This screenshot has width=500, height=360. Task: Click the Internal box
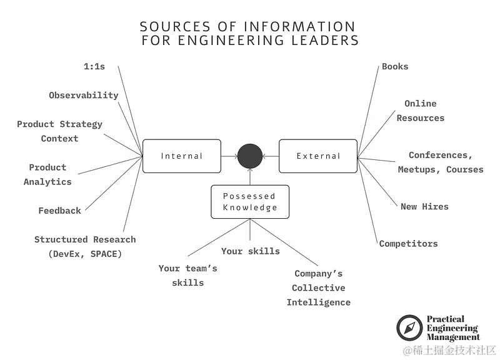pos(181,156)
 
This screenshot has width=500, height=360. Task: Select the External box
pos(318,156)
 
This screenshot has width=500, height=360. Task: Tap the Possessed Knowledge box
pos(250,202)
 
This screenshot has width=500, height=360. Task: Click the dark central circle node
pos(250,156)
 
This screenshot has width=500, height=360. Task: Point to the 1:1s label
pos(94,66)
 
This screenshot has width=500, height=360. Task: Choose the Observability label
pos(84,96)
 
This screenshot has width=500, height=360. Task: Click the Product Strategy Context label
pos(59,131)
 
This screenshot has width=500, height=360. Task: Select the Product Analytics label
pos(47,174)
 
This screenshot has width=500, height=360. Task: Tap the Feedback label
pos(59,211)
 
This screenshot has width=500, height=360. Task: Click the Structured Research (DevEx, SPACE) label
pos(85,246)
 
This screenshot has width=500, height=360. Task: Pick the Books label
pos(395,66)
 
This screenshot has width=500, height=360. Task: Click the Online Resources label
pos(420,111)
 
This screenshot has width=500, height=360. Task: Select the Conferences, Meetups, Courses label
pos(441,162)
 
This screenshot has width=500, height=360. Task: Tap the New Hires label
pos(424,206)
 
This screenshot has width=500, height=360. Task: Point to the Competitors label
pos(408,244)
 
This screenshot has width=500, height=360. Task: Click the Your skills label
pos(250,251)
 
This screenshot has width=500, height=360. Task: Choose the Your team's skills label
pos(187,275)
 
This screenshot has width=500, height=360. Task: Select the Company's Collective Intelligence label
pos(319,288)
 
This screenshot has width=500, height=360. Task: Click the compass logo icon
pos(409,328)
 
